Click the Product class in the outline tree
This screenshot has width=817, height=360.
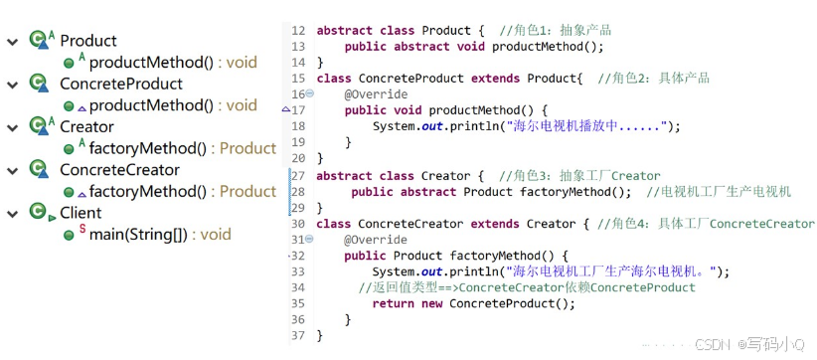click(87, 41)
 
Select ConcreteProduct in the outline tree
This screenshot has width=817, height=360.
click(121, 84)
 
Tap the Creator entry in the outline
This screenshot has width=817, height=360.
click(86, 126)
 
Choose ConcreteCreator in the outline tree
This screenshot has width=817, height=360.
click(119, 169)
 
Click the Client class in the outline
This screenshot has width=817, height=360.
click(81, 212)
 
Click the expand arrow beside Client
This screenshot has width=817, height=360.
click(12, 213)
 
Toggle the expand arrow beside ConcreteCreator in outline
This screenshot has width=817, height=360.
click(12, 170)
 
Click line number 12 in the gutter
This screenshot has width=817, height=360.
click(298, 30)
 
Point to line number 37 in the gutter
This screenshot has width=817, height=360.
click(298, 335)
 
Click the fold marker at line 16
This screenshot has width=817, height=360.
click(309, 93)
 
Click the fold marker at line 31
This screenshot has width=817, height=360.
click(309, 240)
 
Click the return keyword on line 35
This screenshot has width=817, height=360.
click(394, 303)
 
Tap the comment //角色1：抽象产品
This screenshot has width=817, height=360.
click(554, 30)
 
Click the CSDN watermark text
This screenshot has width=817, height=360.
click(714, 344)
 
